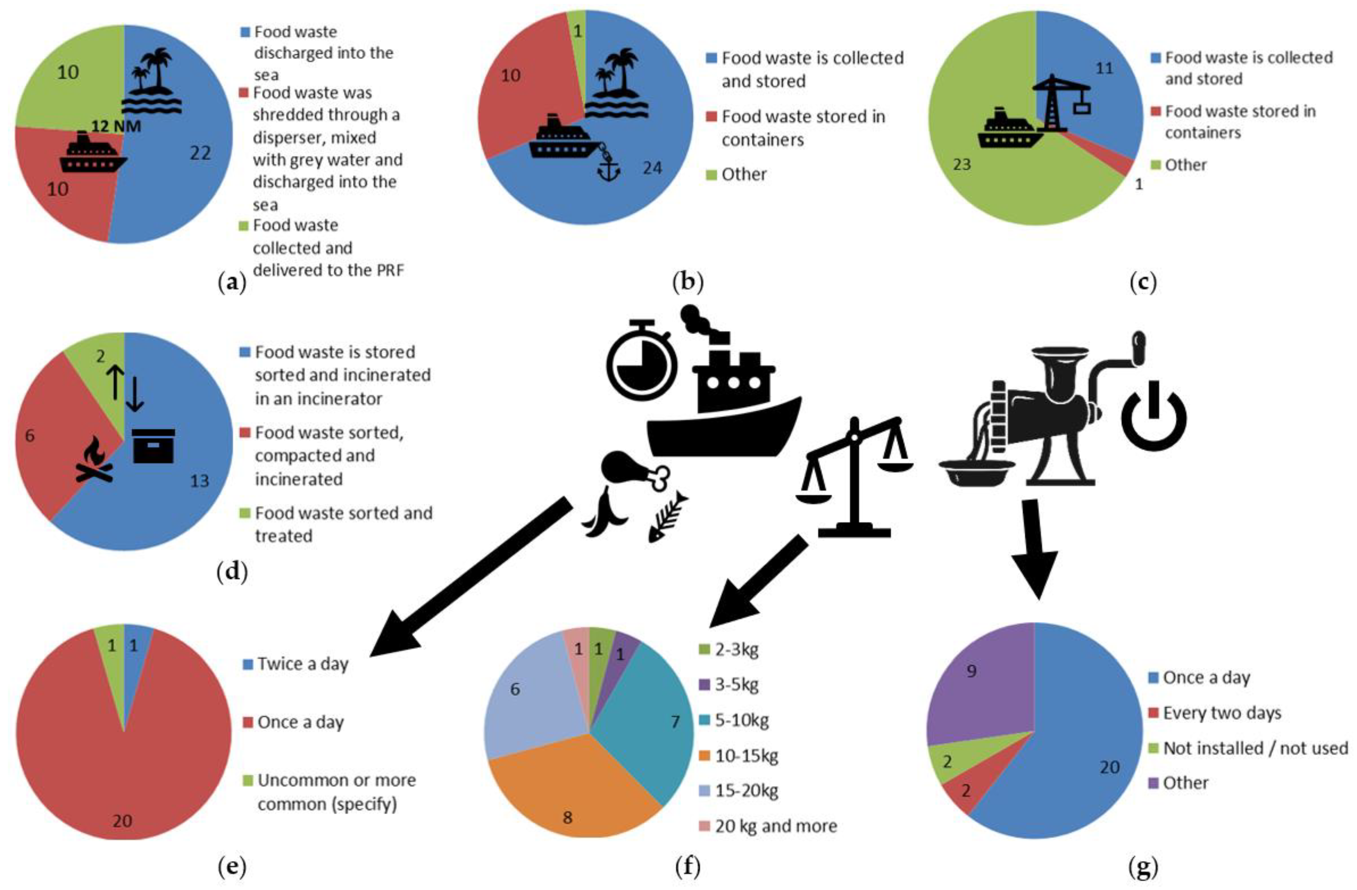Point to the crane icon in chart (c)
point(1061,103)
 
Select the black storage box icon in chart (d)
point(153,446)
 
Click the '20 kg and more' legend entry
point(776,826)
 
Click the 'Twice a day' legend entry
point(302,663)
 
